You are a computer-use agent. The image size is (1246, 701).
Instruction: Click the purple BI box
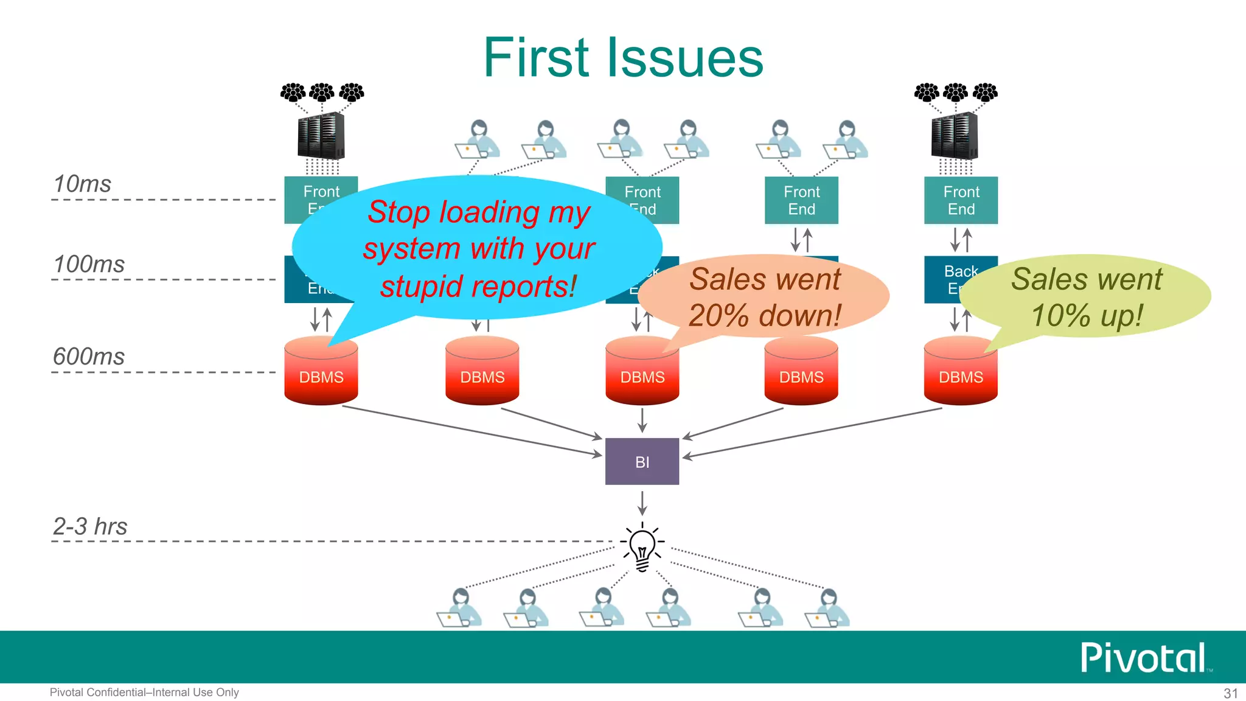[x=642, y=461]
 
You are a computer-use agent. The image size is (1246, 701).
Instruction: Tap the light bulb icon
[x=642, y=547]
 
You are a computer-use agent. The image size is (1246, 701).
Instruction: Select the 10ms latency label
[x=82, y=184]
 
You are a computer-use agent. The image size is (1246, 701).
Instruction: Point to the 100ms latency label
[x=89, y=264]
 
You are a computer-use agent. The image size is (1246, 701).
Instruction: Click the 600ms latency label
[x=89, y=357]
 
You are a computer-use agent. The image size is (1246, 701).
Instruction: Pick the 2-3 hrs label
[x=90, y=526]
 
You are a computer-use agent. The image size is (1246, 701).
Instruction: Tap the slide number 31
[x=1230, y=693]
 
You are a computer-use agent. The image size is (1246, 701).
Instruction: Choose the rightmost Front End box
[x=961, y=200]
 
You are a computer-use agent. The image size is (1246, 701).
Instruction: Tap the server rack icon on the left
[x=321, y=136]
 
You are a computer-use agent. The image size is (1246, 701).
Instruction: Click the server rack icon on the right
[x=955, y=136]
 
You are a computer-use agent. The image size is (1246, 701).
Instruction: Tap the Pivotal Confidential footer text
[x=144, y=692]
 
